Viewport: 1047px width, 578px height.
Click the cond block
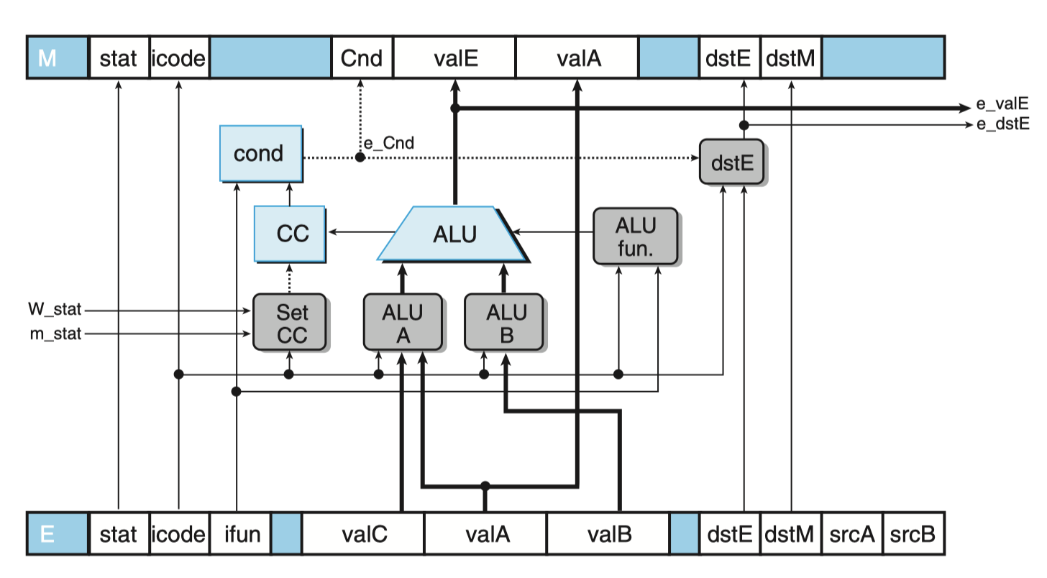[x=261, y=153]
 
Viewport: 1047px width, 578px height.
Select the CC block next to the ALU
[x=290, y=234]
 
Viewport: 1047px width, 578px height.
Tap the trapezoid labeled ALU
[x=453, y=234]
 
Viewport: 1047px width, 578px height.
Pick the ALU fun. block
[x=636, y=237]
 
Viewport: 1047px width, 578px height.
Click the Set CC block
[x=290, y=322]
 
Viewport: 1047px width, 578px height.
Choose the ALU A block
[x=403, y=322]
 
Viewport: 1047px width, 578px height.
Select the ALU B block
[x=504, y=322]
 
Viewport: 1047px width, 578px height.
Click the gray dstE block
[x=732, y=162]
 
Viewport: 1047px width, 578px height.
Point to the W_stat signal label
[x=55, y=309]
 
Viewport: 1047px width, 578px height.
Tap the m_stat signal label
[x=55, y=334]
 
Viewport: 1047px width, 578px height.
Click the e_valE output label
[x=1002, y=104]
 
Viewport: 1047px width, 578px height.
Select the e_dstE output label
[x=1003, y=124]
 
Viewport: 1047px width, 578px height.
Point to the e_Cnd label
[x=389, y=143]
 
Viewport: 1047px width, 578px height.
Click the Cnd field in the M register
[x=362, y=58]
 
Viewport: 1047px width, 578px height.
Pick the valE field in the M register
[x=454, y=58]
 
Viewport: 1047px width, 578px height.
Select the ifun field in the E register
[x=241, y=533]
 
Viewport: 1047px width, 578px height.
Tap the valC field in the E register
[x=364, y=533]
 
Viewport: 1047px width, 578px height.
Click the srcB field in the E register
[x=913, y=533]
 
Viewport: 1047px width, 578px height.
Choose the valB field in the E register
[x=608, y=533]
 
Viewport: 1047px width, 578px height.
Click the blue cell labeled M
[x=58, y=58]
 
